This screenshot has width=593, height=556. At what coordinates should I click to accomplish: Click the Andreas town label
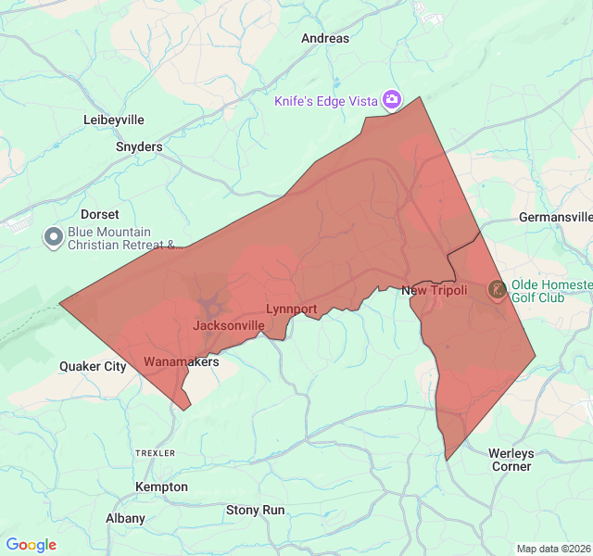(x=325, y=39)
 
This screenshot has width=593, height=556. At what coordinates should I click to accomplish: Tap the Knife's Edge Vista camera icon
(x=392, y=99)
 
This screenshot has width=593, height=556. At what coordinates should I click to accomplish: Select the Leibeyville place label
(x=114, y=120)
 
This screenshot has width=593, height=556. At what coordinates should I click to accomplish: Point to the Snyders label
(x=139, y=146)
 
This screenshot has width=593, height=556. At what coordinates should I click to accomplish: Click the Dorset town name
(x=100, y=214)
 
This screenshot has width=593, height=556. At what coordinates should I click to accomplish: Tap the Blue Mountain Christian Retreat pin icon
(x=53, y=238)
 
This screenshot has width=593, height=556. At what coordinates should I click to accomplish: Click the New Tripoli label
(x=434, y=291)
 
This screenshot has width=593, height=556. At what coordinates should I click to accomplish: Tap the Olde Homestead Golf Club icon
(x=497, y=291)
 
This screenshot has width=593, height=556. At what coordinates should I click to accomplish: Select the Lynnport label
(x=291, y=309)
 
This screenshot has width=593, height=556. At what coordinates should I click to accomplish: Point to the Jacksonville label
(x=228, y=325)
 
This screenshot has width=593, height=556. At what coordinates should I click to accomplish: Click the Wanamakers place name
(x=182, y=361)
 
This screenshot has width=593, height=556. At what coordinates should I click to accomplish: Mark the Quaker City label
(x=93, y=366)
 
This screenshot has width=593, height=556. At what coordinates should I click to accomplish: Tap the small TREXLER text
(x=155, y=453)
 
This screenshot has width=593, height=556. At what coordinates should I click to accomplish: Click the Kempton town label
(x=161, y=486)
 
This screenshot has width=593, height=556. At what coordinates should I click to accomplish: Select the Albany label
(x=125, y=518)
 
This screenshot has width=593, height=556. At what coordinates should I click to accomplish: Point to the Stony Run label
(x=256, y=510)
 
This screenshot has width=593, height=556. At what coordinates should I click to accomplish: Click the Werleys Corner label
(x=511, y=460)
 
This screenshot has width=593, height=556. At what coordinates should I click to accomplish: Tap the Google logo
(x=32, y=545)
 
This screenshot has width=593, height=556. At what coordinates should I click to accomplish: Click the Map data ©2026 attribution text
(x=552, y=549)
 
